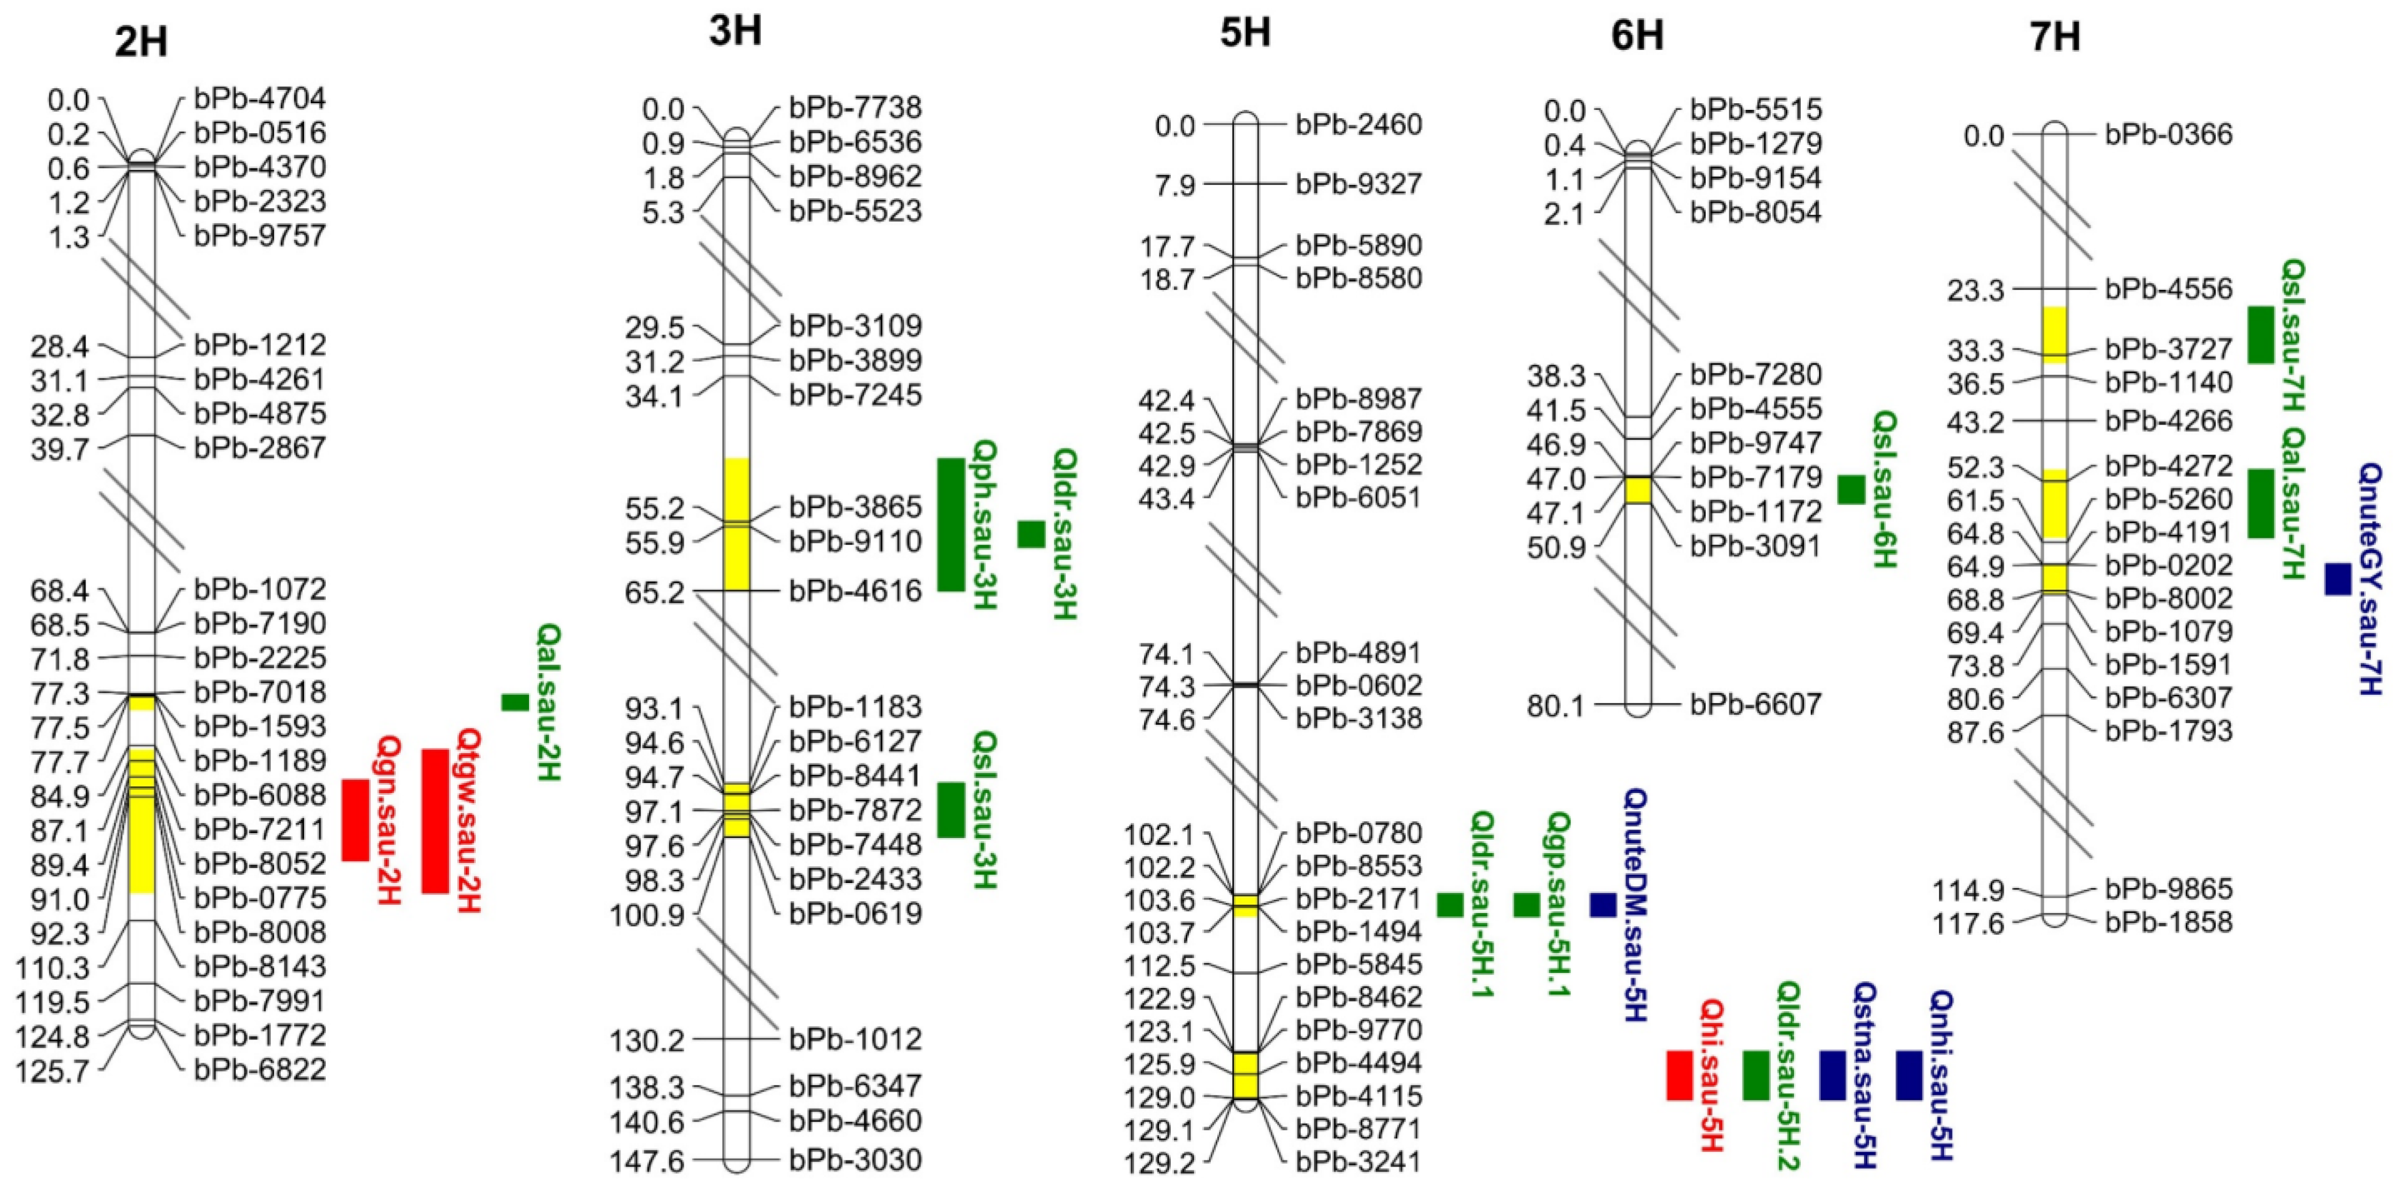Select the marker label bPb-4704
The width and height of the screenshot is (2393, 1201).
tap(260, 98)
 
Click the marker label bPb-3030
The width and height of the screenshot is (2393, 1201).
tap(855, 1159)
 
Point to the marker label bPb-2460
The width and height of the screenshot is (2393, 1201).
tap(1358, 124)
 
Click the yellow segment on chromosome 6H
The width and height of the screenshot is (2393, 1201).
tap(1637, 491)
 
